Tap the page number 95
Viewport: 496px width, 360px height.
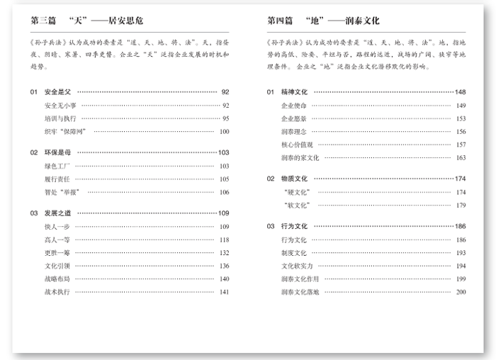225,118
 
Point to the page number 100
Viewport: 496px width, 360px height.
224,131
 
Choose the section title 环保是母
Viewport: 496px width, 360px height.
58,152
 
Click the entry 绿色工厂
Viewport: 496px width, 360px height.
57,166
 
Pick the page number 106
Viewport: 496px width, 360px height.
224,192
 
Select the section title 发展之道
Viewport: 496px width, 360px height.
58,213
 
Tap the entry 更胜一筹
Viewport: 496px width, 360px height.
57,252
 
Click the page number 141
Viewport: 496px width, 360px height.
224,291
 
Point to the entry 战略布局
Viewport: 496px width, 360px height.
57,279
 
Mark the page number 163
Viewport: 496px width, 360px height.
461,157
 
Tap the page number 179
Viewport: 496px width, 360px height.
461,205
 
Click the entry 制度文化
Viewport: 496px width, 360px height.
294,252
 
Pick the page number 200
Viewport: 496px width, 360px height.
461,291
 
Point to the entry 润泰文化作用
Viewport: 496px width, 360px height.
300,279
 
